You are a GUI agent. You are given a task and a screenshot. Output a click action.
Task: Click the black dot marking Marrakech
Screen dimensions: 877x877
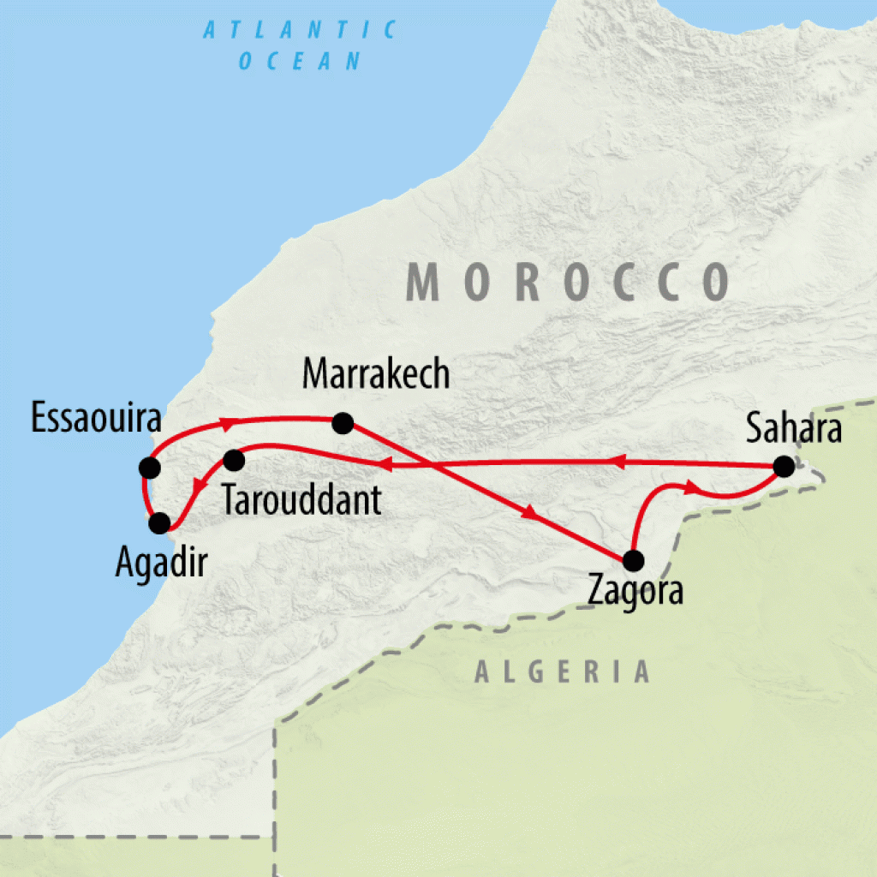pos(343,422)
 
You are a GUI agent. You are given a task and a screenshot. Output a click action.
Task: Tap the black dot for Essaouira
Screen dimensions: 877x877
pos(150,468)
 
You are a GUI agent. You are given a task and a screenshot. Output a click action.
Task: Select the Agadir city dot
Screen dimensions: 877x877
pos(159,522)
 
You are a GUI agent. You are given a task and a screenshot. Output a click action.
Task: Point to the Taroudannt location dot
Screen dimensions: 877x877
pos(233,461)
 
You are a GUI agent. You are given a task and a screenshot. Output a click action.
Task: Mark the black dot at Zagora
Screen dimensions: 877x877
pos(632,561)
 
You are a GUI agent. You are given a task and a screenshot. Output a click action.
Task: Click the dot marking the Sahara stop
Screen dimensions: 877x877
pos(783,467)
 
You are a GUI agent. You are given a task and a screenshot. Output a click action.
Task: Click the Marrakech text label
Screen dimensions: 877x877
pos(377,374)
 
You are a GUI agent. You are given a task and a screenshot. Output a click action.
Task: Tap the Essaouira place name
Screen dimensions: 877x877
pos(95,419)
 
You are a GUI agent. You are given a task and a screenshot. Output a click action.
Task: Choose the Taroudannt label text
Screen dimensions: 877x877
pos(301,501)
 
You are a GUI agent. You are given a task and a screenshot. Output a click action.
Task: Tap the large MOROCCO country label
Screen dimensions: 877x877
pos(568,282)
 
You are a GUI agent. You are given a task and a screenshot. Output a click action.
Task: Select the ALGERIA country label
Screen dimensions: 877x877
pos(563,672)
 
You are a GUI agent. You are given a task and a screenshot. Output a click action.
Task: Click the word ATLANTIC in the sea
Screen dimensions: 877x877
pos(301,31)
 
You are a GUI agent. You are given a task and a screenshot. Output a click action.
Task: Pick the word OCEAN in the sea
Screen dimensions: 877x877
pos(301,61)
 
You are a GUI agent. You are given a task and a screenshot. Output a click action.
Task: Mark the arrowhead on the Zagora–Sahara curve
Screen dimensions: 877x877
pos(690,488)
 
